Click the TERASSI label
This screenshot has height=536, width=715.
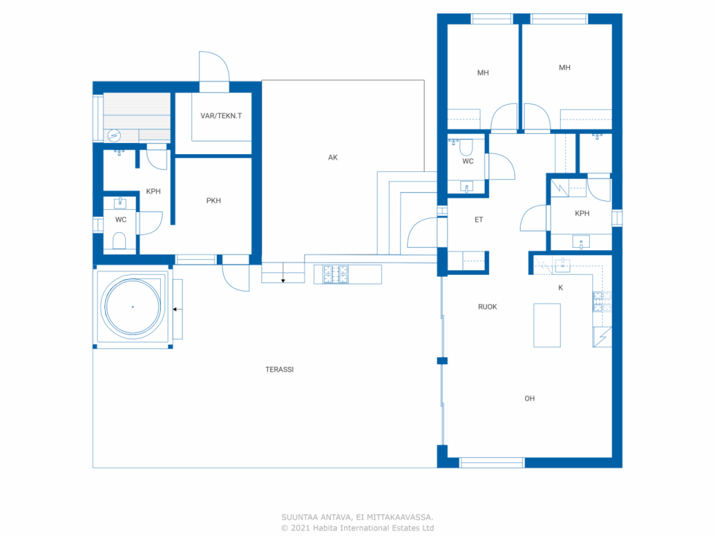point(279,370)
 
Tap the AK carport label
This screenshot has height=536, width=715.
point(333,157)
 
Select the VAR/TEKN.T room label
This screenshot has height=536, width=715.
point(221,116)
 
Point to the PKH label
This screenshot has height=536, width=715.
point(213,200)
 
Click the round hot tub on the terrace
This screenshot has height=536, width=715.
point(132,307)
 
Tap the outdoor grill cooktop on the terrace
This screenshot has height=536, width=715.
point(335,274)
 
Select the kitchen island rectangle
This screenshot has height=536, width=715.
point(547,325)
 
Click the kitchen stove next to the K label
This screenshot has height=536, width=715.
point(602,301)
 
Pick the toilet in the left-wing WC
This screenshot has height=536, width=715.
point(119,241)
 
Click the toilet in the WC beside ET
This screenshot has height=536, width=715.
point(466,147)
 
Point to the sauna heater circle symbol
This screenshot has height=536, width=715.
point(114,135)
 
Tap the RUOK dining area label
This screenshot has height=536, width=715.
point(487,307)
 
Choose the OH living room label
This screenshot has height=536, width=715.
point(530,399)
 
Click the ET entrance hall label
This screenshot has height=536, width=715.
point(479,220)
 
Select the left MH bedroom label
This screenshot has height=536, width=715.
point(483,73)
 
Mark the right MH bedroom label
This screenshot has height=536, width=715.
point(565,68)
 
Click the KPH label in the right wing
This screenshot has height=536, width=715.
point(582,213)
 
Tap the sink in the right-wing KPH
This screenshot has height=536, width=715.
point(581,242)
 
